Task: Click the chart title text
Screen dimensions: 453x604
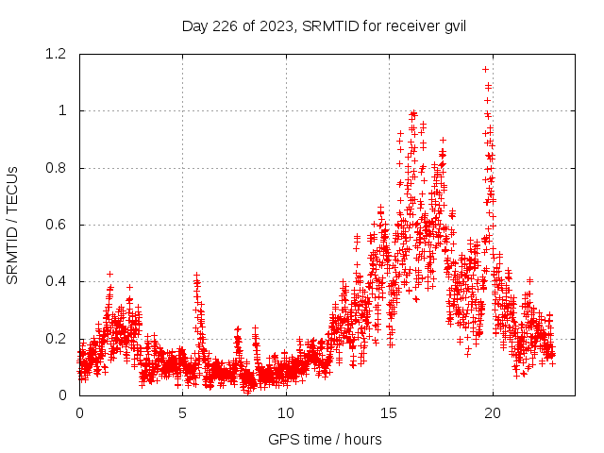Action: pos(324,25)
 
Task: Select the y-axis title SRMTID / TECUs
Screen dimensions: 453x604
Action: pos(12,225)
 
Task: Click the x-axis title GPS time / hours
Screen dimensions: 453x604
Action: pos(325,439)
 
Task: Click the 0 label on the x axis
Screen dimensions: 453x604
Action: pos(79,412)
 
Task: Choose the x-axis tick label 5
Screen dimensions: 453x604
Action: pos(183,412)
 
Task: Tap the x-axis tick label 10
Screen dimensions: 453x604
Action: pos(286,412)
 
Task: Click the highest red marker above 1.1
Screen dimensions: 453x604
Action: pos(485,69)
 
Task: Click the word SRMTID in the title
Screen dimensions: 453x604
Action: pos(321,25)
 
